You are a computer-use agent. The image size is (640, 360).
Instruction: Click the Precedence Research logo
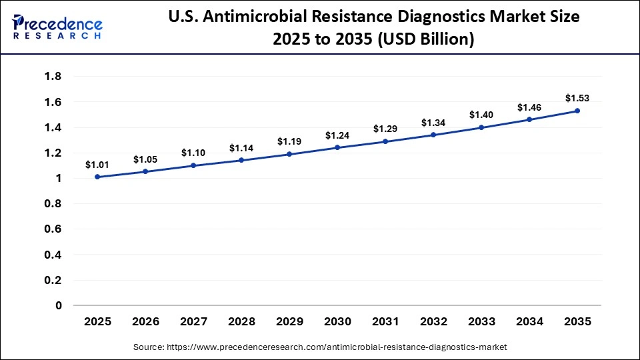coord(57,27)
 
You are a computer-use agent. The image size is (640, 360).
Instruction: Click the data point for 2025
coord(97,177)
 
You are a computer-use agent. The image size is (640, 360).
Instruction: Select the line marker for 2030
coord(337,147)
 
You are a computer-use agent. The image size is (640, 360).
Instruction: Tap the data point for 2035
coord(577,111)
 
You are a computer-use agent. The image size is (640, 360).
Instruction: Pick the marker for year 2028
coord(241,160)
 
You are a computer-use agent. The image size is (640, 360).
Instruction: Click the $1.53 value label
coord(577,98)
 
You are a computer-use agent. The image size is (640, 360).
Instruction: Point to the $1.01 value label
coord(97,165)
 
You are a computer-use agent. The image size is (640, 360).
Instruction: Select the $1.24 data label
coord(337,135)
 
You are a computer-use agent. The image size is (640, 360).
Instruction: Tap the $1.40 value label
coord(481,115)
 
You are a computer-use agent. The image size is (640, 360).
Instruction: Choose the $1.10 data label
coord(193,153)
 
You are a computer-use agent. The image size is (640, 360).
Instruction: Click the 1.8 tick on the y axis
coord(53,77)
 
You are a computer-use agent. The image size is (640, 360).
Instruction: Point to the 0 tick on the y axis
coord(59,305)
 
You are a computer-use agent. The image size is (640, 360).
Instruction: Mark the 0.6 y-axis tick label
coord(53,229)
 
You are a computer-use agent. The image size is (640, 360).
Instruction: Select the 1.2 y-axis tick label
coord(53,153)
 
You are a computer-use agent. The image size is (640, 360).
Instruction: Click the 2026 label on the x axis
coord(145,322)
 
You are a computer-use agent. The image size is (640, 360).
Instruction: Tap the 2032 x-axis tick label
coord(433,322)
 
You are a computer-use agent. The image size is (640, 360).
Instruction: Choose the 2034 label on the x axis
coord(529,322)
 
